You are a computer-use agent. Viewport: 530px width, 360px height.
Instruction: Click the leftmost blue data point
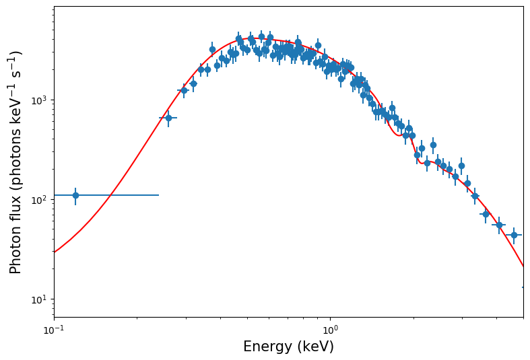point(75,195)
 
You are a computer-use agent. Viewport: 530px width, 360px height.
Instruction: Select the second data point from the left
point(168,118)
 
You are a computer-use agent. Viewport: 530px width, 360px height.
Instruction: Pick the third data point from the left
point(183,90)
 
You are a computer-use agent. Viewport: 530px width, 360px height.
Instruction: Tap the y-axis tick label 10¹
point(38,299)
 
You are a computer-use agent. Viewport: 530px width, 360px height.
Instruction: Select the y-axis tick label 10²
point(38,200)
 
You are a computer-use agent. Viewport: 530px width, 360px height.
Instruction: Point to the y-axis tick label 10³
point(38,100)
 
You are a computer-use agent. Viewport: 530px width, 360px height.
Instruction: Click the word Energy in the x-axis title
point(267,347)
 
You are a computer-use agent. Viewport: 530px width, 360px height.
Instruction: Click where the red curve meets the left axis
point(55,252)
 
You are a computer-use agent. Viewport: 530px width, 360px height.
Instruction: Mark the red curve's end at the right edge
point(523,266)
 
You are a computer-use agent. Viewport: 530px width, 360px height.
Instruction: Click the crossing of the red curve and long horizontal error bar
point(110,195)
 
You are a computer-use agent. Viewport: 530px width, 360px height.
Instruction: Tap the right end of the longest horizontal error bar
point(159,195)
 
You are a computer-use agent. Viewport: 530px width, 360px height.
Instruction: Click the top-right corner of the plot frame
point(523,7)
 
